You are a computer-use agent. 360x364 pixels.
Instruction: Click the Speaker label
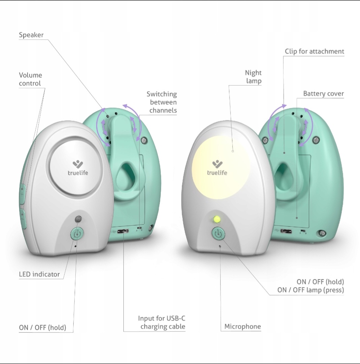click(x=31, y=35)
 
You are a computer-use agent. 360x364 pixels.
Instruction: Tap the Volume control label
click(x=30, y=79)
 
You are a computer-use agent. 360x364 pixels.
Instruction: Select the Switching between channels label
click(x=162, y=102)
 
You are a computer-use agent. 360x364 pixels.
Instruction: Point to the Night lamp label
click(x=253, y=77)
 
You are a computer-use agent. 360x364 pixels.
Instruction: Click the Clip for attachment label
click(x=315, y=51)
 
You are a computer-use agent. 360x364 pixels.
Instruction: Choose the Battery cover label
click(x=324, y=93)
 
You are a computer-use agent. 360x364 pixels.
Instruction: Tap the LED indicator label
click(x=39, y=274)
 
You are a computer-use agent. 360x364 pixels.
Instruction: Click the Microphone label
click(x=243, y=327)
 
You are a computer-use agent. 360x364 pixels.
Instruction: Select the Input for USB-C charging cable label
click(x=162, y=322)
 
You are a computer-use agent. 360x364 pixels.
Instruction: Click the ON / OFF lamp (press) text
click(x=311, y=290)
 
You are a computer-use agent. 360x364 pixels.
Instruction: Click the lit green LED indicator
click(x=217, y=219)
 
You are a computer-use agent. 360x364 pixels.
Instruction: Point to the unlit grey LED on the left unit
click(x=78, y=219)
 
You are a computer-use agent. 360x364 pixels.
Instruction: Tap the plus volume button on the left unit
click(x=22, y=194)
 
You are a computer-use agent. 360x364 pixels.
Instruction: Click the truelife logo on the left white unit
click(x=78, y=168)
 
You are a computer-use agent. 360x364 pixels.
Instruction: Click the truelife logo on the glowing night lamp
click(x=217, y=168)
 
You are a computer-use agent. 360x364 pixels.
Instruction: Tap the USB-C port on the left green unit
click(x=123, y=231)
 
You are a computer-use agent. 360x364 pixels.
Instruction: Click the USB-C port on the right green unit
click(x=286, y=231)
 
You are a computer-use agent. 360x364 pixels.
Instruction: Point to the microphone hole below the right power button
click(x=220, y=246)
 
